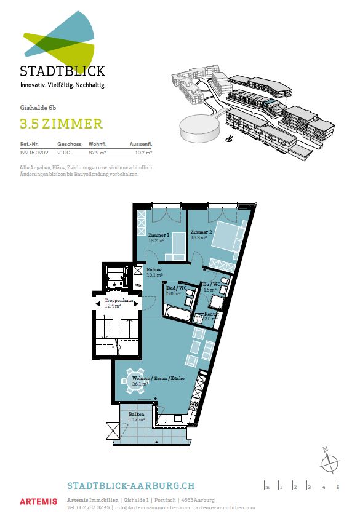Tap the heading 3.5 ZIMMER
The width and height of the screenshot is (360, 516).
(61, 124)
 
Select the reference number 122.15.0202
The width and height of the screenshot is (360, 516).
(34, 151)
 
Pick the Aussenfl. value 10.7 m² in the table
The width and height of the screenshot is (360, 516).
(143, 151)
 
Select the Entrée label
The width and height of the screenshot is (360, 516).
(153, 270)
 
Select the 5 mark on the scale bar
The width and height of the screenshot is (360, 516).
(337, 487)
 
